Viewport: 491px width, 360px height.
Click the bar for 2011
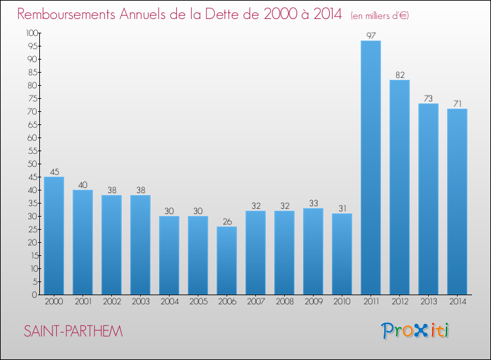click(x=371, y=168)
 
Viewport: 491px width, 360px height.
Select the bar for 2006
click(x=227, y=261)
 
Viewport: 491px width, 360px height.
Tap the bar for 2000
click(x=54, y=236)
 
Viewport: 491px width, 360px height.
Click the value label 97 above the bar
click(x=371, y=35)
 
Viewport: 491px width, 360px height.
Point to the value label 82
click(x=399, y=75)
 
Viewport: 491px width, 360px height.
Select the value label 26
click(x=227, y=221)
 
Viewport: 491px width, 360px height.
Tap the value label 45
click(x=54, y=171)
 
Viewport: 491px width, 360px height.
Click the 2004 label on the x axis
click(x=169, y=302)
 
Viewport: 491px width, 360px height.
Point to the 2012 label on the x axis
click(x=399, y=302)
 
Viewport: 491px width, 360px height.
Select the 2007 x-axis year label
click(x=255, y=302)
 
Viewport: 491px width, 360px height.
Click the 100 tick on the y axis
click(x=31, y=33)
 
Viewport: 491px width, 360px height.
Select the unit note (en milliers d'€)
click(x=379, y=16)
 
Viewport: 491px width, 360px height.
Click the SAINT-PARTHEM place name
click(x=73, y=331)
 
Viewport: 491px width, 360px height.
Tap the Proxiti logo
click(x=416, y=331)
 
